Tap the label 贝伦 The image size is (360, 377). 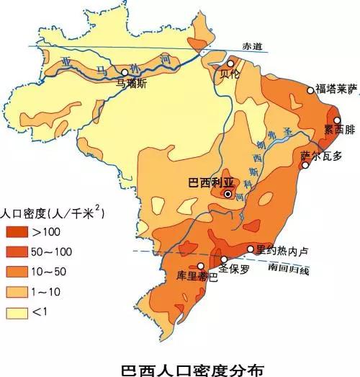[230, 75]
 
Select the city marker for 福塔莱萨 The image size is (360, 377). [311, 90]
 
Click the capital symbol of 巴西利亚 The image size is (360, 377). [228, 193]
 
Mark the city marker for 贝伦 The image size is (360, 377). [230, 64]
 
